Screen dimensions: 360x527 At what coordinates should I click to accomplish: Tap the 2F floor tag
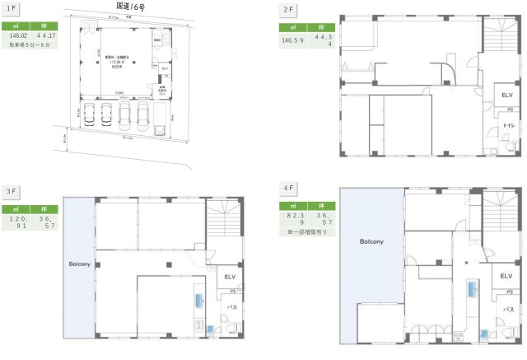(x=288, y=9)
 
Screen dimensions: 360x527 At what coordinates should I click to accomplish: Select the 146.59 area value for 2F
(x=294, y=39)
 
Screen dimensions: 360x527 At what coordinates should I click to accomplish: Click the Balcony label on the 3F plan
(x=79, y=265)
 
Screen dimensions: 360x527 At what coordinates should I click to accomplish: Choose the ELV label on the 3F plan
(x=230, y=278)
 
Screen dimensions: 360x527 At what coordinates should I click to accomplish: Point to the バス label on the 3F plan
(x=233, y=306)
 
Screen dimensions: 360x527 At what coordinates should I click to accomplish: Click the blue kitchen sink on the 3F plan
(x=198, y=303)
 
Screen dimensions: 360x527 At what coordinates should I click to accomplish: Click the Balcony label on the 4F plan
(x=371, y=242)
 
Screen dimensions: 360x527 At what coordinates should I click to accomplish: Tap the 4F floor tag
(x=289, y=188)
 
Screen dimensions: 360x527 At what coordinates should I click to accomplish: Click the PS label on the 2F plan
(x=510, y=110)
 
